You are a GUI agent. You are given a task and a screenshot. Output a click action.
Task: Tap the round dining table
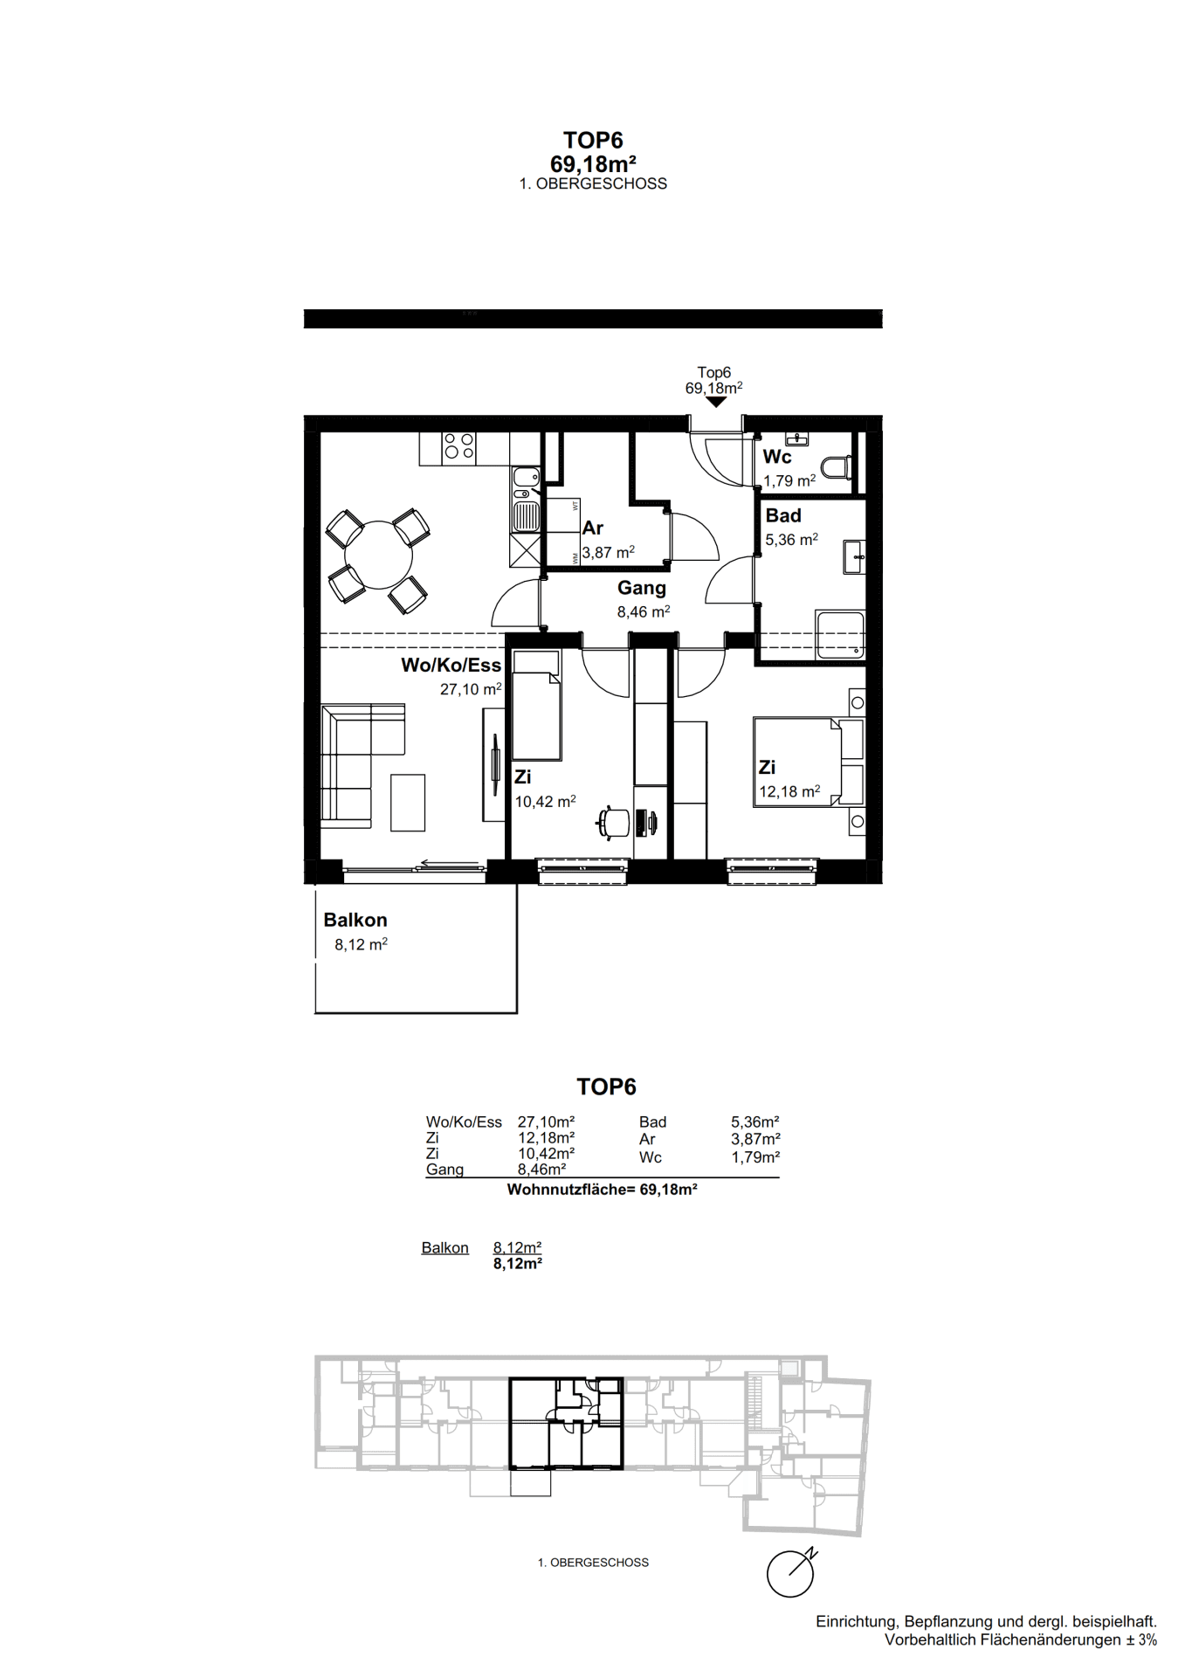378,555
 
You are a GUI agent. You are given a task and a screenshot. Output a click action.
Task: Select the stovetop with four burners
459,445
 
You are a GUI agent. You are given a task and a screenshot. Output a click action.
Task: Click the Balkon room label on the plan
355,920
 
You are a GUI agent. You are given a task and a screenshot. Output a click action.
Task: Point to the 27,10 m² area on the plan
471,689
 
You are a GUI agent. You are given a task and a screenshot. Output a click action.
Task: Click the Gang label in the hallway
642,589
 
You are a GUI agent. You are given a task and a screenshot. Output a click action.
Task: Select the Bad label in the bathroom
783,515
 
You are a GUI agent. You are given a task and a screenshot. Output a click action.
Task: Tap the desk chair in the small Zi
615,822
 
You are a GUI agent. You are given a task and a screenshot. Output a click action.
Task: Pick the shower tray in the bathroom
840,634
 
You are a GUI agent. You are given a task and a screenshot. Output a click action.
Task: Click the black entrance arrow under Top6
716,403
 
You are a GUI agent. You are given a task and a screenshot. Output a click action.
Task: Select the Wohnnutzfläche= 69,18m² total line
602,1190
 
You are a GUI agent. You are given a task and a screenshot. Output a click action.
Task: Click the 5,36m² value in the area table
755,1121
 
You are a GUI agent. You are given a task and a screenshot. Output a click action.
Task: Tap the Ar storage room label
593,528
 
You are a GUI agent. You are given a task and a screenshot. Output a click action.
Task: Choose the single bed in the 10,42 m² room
536,705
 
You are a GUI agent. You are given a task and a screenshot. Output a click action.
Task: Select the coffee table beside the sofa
408,802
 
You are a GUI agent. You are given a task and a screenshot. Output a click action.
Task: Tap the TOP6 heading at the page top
593,141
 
